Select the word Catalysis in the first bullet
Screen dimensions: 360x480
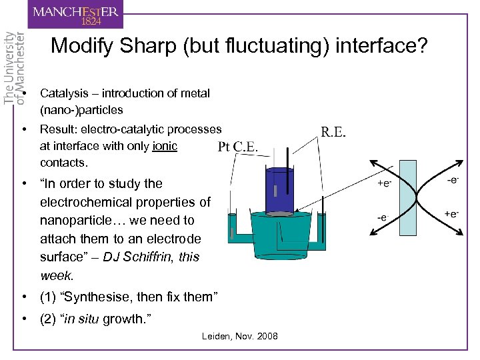click(63, 93)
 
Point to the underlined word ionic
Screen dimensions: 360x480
click(165, 146)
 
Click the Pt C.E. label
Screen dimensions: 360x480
click(238, 147)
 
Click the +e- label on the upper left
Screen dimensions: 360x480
click(385, 182)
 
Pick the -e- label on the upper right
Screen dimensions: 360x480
click(453, 179)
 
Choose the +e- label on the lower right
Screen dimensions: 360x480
click(451, 214)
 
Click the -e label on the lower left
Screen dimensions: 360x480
click(383, 217)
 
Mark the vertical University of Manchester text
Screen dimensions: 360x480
click(15, 67)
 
